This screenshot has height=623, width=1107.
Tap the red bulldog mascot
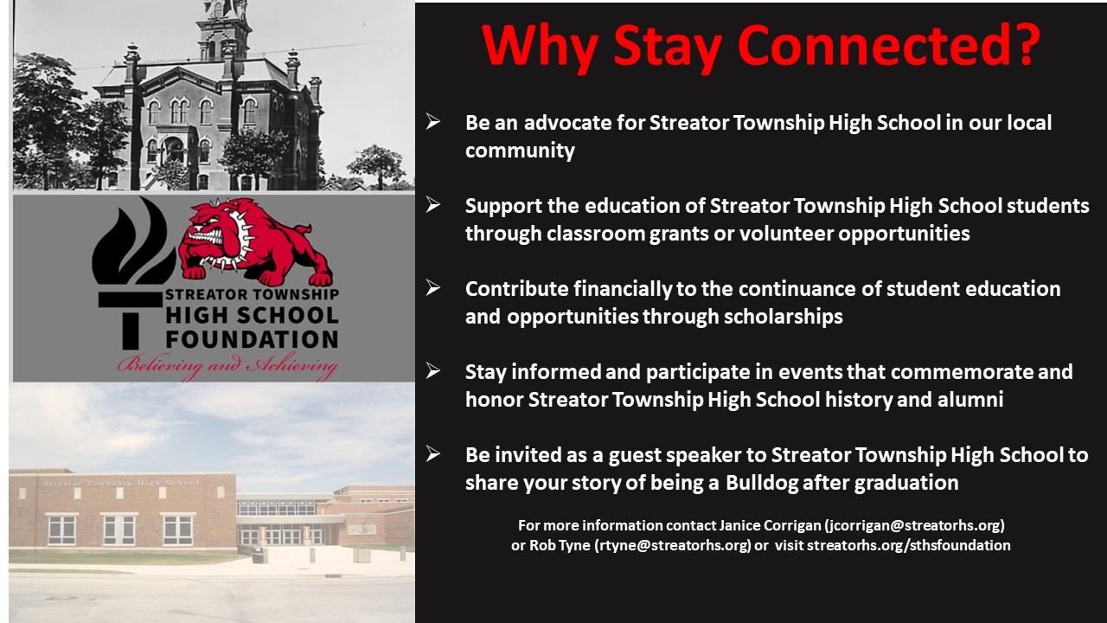coord(254,241)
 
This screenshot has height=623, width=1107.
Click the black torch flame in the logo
coord(132,243)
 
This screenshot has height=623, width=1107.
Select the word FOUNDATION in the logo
coord(252,340)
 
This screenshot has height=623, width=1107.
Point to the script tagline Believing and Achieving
coord(227,366)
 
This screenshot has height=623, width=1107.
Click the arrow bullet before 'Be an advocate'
coord(433,122)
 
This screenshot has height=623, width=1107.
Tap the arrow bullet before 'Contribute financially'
coord(433,288)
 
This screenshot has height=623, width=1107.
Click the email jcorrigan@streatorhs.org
coord(914,525)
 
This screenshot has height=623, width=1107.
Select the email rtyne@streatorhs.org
coord(674,545)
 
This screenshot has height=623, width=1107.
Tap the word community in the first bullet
coord(520,151)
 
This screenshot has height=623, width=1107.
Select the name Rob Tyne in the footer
coord(560,545)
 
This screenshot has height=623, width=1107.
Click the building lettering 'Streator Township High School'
coord(122,483)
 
